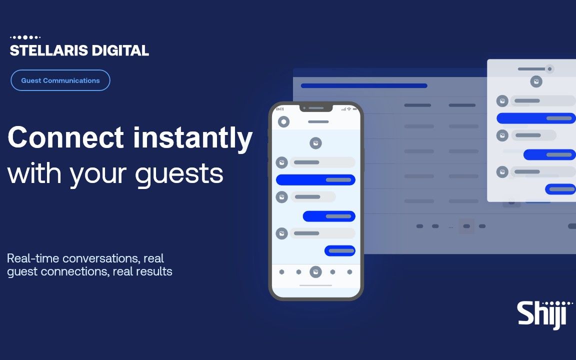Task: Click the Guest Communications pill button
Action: (60, 80)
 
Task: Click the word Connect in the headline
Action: (66, 137)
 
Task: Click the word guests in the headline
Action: (179, 174)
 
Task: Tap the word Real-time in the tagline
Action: (33, 258)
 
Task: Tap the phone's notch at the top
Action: (316, 108)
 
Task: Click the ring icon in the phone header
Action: (283, 121)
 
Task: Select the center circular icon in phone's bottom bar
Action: (315, 272)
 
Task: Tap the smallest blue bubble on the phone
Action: (340, 251)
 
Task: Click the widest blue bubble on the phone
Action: (315, 180)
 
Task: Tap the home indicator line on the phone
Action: (315, 285)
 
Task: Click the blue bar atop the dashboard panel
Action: (364, 86)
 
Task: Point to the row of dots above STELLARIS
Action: (25, 37)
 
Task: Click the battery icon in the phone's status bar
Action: (355, 109)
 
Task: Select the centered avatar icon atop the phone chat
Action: (315, 143)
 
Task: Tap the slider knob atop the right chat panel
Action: (549, 69)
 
